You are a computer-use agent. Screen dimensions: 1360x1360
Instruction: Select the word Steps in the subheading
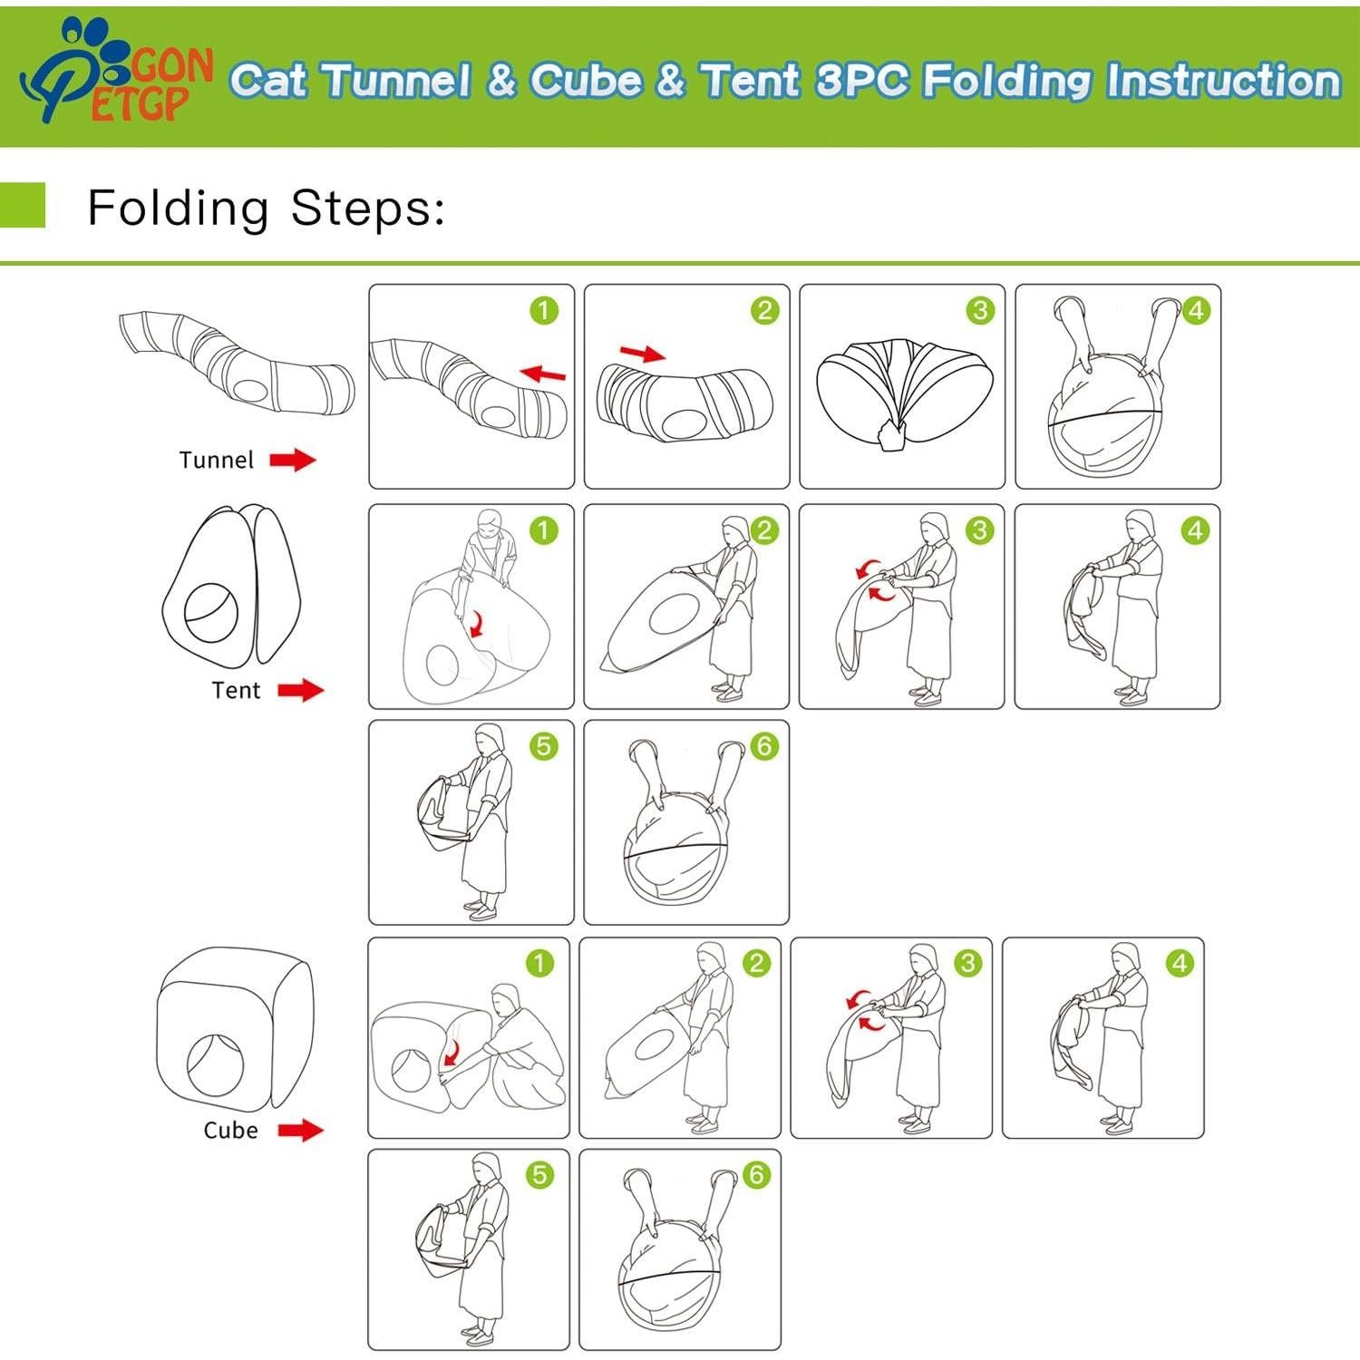tap(367, 209)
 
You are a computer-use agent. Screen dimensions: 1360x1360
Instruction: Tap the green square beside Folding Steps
tap(22, 205)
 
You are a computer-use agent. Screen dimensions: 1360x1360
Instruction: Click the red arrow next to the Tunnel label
tap(293, 460)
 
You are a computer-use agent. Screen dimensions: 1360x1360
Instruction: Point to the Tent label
tap(236, 690)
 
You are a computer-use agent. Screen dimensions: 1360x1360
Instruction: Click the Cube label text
tap(230, 1130)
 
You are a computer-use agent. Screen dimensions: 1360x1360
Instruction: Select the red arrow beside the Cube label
tap(300, 1130)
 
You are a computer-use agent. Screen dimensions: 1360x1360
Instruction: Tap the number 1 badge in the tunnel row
tap(544, 311)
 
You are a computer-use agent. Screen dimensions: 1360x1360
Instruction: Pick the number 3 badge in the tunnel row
tap(980, 311)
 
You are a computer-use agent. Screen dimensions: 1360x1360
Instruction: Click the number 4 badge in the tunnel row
tap(1196, 311)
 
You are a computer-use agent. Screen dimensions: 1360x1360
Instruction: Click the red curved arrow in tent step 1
tap(473, 623)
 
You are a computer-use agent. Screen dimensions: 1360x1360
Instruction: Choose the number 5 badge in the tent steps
tap(543, 746)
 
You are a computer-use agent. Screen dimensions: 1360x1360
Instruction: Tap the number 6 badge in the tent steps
tap(764, 746)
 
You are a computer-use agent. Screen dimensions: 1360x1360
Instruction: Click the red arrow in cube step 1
tap(451, 1054)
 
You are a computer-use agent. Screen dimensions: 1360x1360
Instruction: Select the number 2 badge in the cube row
tap(756, 963)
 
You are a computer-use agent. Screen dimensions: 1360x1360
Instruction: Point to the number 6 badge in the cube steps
tap(756, 1175)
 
